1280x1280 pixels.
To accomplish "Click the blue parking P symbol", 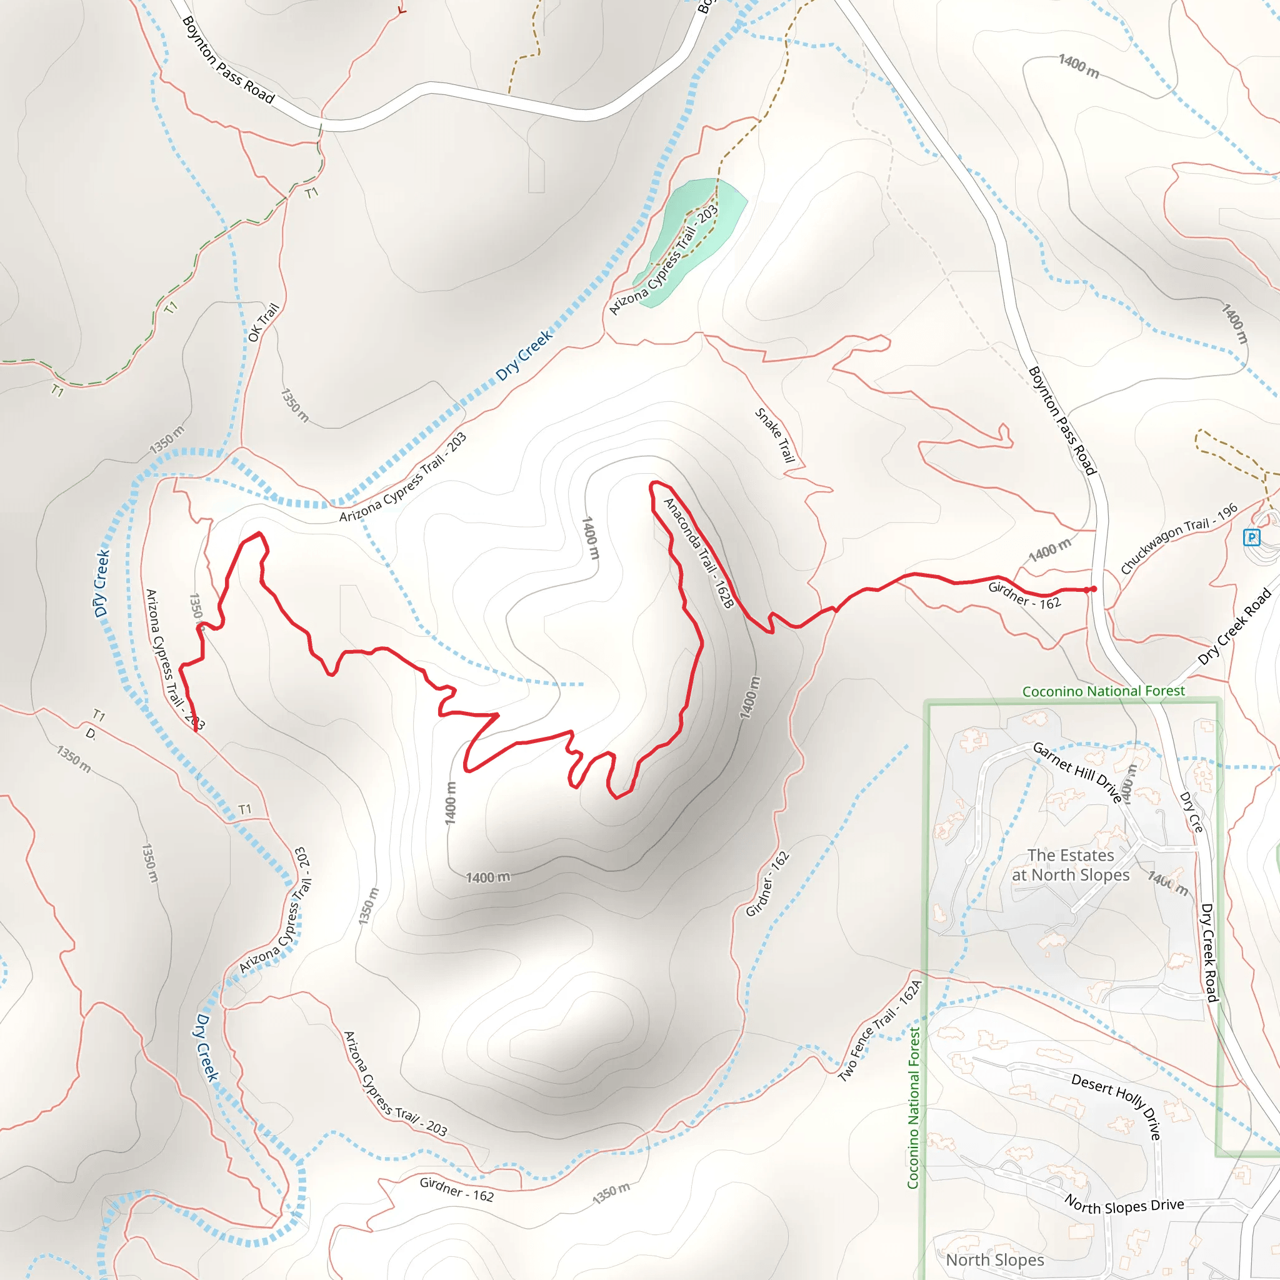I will [1251, 537].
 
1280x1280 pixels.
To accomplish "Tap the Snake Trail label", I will [775, 434].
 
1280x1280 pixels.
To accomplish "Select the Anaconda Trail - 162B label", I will [699, 552].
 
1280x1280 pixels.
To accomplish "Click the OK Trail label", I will [263, 322].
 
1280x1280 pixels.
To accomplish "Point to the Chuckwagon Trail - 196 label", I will [1179, 539].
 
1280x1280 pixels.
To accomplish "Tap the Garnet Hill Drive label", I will [1078, 772].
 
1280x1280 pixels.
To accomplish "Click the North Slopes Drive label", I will [1124, 1206].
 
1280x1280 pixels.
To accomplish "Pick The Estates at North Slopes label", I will [1071, 865].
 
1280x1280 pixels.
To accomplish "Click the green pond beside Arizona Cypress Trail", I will [692, 239].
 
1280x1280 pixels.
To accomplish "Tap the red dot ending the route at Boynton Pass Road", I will [1094, 589].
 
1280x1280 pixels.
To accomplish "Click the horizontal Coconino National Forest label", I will [1103, 691].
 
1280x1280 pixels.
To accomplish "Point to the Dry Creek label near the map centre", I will [524, 355].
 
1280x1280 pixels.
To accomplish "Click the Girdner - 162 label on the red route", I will [1024, 595].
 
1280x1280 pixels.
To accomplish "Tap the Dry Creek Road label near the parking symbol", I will [1235, 626].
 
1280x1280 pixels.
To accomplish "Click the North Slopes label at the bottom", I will [994, 1259].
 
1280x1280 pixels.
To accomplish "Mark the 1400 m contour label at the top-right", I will [1079, 66].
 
